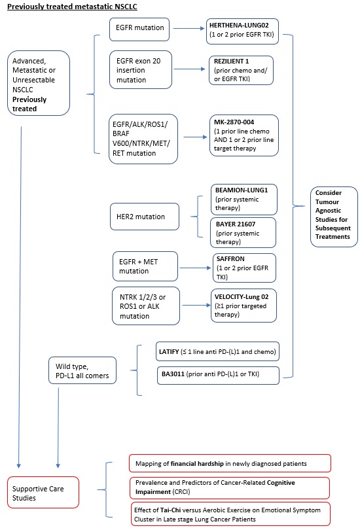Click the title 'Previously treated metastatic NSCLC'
pos(72,7)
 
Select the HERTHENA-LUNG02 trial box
pos(242,31)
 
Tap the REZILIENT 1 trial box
pos(241,70)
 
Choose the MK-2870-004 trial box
pos(243,135)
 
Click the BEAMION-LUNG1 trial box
pos(243,200)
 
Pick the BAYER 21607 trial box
pos(243,233)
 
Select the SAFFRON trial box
pos(244,268)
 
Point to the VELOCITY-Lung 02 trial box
pos(243,306)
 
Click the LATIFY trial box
pos(217,351)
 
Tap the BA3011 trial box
pos(218,376)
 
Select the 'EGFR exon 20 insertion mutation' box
pos(141,70)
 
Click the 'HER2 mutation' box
pos(145,217)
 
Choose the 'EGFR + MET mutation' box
pos(145,266)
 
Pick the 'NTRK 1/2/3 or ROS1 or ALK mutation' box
pos(146,306)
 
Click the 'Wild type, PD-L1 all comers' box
pos(82,370)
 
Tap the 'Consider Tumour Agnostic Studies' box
pos(334,217)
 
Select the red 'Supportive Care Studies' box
pos(43,492)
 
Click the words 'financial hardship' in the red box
pos(197,464)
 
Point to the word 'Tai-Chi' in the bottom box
pos(170,510)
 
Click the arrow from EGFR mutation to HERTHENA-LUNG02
pos(189,29)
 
